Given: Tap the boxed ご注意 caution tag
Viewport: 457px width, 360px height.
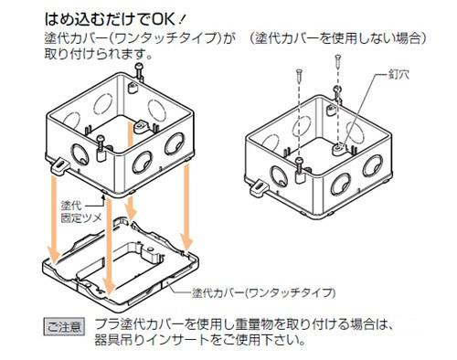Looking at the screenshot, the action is (x=64, y=327).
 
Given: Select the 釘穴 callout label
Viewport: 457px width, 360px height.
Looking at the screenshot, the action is (x=399, y=74).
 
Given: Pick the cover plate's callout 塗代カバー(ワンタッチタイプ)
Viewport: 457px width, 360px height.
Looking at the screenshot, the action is (x=264, y=293).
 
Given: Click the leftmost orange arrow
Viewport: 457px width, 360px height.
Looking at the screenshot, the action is (x=54, y=218).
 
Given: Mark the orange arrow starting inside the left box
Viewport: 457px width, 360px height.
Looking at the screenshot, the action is (x=131, y=170).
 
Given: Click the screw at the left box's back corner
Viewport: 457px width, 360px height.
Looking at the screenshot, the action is (x=140, y=71).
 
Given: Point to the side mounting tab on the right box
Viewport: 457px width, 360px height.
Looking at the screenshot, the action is (x=258, y=189).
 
